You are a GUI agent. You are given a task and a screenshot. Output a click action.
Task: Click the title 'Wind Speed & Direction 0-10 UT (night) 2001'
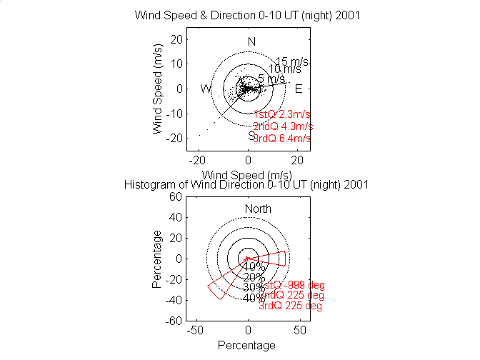click(x=247, y=16)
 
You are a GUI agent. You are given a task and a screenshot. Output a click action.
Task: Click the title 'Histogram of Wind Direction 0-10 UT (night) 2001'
click(x=246, y=184)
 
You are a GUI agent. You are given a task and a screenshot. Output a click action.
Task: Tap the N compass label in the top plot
click(x=251, y=41)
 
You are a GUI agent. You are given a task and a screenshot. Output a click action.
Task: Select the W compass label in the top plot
click(x=206, y=89)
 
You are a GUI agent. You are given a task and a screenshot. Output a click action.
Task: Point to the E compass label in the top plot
click(x=299, y=89)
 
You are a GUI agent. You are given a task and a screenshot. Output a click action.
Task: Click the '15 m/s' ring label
click(x=291, y=61)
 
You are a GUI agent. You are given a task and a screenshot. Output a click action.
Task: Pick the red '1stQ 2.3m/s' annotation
click(x=282, y=114)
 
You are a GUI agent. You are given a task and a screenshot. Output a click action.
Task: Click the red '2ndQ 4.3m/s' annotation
click(x=283, y=126)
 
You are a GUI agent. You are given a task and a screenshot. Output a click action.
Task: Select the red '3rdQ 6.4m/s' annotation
click(x=282, y=138)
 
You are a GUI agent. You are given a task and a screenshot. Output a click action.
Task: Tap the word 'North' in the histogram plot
click(x=258, y=209)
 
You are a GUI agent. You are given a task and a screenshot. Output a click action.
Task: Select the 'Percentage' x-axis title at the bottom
click(x=246, y=345)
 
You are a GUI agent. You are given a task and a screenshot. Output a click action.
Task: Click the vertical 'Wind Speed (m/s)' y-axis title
click(x=158, y=89)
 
